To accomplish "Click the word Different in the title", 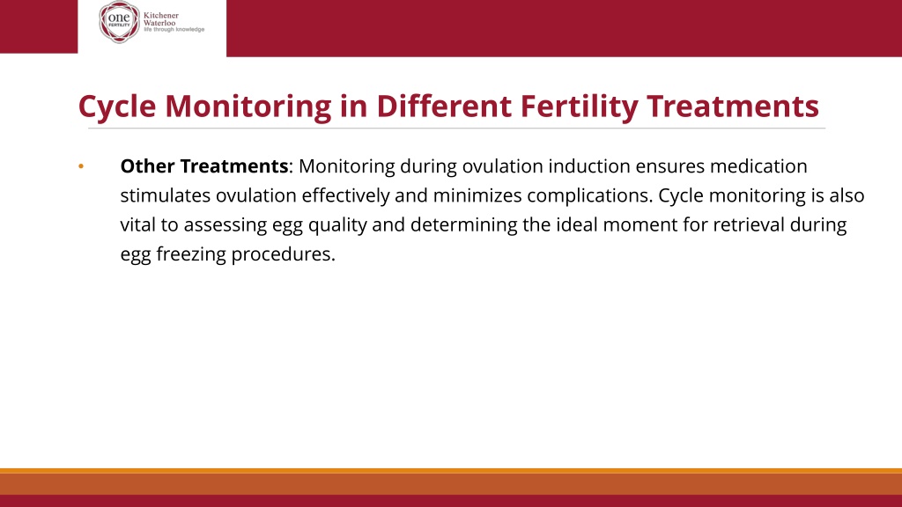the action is pos(444,106).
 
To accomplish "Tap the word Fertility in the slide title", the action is pos(580,107).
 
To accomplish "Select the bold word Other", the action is pos(147,166).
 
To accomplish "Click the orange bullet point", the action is pos(81,166).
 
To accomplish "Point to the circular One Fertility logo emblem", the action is pos(119,22).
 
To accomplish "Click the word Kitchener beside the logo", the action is pos(161,16).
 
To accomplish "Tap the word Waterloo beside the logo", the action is pos(159,23).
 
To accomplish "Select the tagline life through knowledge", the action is pos(174,29).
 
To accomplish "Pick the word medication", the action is pos(758,166).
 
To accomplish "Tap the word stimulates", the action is pos(166,195).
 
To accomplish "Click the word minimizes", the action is pos(477,195).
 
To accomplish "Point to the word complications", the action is pos(590,196).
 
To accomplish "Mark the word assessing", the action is pos(225,225).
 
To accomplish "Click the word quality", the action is pos(337,225).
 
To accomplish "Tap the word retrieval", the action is pos(749,224).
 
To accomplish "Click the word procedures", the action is pos(283,254).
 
